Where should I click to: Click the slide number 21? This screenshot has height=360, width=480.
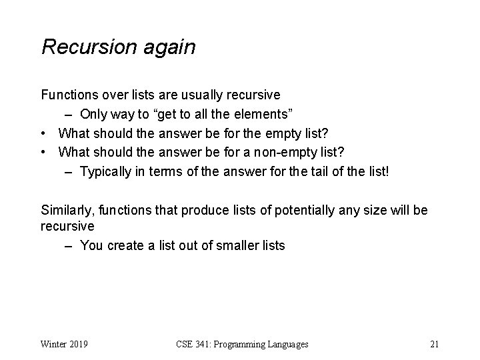pyautogui.click(x=434, y=345)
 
